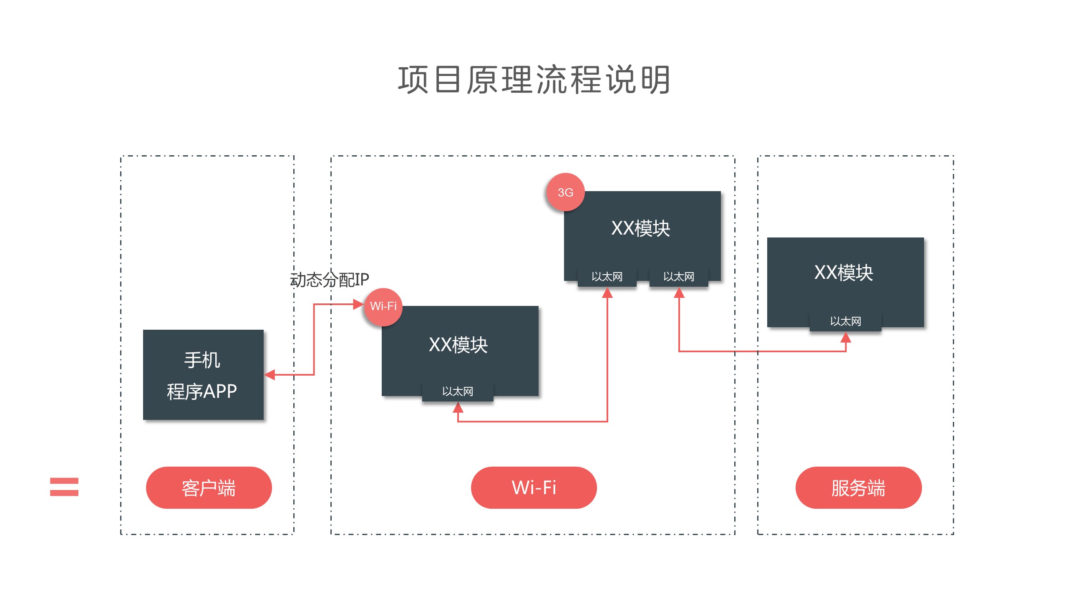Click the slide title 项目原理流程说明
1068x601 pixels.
point(534,80)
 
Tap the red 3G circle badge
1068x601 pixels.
point(565,192)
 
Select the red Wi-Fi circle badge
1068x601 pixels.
point(383,306)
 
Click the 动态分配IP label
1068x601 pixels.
point(330,280)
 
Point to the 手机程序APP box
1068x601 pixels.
point(203,375)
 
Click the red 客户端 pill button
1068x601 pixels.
point(209,487)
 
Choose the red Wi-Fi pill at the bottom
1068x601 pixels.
point(534,487)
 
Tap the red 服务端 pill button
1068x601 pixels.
point(858,487)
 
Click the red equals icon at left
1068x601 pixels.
point(64,487)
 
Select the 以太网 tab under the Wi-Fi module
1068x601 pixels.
point(458,391)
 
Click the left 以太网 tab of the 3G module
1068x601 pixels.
point(607,277)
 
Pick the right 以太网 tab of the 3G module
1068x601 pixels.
point(679,277)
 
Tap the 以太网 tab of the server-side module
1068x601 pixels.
point(846,321)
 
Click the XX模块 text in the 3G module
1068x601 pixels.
point(641,228)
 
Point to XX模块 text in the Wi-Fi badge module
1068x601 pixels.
point(458,345)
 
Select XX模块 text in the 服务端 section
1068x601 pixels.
point(844,273)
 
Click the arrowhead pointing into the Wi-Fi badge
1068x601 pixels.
point(358,304)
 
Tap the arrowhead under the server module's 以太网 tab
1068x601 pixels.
point(846,337)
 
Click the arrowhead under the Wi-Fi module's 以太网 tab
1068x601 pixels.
point(458,407)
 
